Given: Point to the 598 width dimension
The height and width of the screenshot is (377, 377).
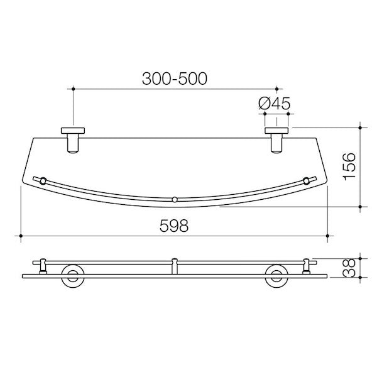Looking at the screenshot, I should click(174, 226).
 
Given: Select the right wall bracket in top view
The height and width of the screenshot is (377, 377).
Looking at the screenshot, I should click(276, 139).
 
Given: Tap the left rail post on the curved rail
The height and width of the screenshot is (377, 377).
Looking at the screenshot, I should click(43, 182).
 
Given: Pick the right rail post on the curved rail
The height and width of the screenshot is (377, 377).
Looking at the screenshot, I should click(307, 182).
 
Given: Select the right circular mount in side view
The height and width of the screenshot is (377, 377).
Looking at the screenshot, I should click(276, 276).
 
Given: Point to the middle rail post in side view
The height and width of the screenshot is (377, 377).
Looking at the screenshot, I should click(175, 266).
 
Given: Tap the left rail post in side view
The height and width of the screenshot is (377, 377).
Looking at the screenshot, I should click(43, 266).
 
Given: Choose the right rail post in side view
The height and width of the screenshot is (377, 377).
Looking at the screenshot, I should click(307, 266).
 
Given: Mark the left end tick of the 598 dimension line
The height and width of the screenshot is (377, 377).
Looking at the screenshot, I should click(22, 237).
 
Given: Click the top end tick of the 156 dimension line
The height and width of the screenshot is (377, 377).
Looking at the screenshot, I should click(360, 126).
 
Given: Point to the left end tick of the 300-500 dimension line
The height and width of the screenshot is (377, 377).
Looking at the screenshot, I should click(74, 89).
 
